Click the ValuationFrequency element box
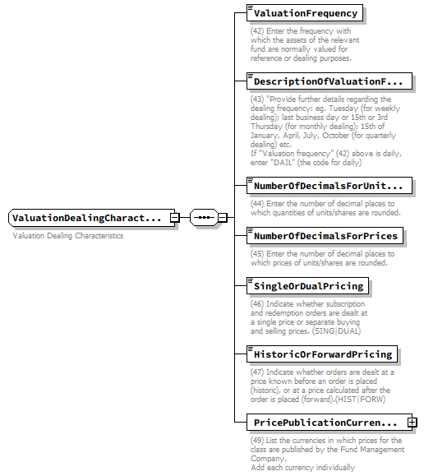point(305,13)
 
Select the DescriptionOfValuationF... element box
point(328,81)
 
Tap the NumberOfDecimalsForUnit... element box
point(328,186)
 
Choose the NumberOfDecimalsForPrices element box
point(325,237)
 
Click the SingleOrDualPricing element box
point(308,286)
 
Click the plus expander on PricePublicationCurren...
point(412,423)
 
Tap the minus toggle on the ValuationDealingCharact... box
point(174,218)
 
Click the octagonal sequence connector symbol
point(202,218)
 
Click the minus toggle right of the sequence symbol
point(223,218)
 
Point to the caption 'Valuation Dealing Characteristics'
point(68,236)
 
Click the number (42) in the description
point(258,31)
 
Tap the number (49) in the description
point(258,441)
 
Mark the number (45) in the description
point(258,254)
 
